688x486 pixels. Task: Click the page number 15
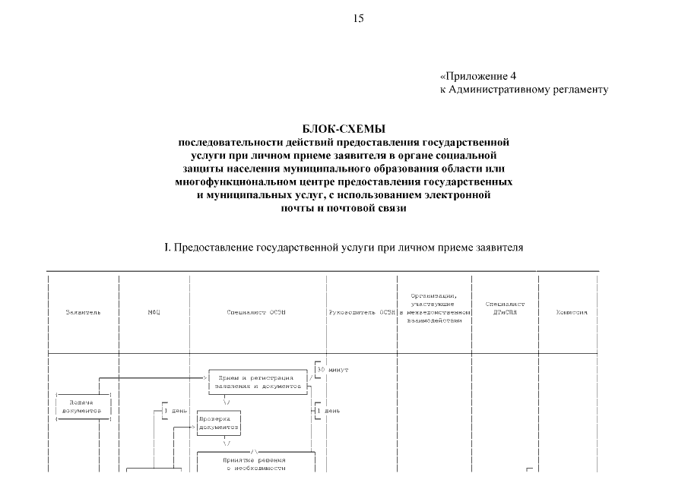tap(358, 19)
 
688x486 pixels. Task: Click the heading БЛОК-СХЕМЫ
tap(344, 130)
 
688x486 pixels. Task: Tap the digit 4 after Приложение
tap(513, 76)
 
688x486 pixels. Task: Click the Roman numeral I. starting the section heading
tap(167, 248)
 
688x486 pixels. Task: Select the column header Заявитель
tap(83, 312)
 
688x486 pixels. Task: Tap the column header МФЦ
tap(154, 312)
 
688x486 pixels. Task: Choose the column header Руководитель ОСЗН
tap(361, 312)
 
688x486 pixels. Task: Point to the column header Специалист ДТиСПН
tap(505, 308)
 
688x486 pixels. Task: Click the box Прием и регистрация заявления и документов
tap(255, 381)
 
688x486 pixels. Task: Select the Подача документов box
tap(83, 405)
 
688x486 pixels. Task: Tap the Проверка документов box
tap(219, 422)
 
